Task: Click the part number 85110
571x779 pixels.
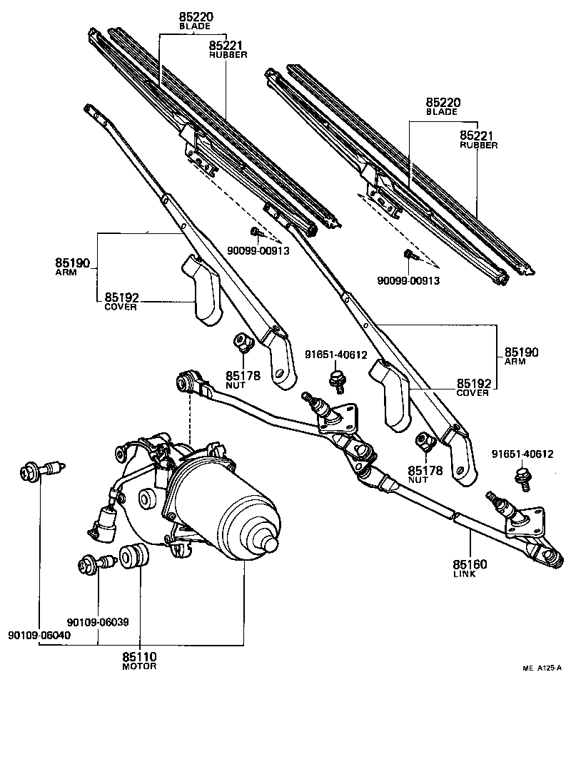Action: pos(139,656)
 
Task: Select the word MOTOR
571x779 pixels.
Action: pos(139,666)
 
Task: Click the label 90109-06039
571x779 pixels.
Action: pos(98,621)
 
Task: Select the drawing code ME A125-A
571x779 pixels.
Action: pos(542,668)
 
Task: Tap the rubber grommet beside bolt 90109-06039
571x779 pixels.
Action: pos(133,556)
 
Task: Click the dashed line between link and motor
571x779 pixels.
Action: pos(190,417)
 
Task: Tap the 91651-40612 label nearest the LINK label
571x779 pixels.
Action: pos(523,454)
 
